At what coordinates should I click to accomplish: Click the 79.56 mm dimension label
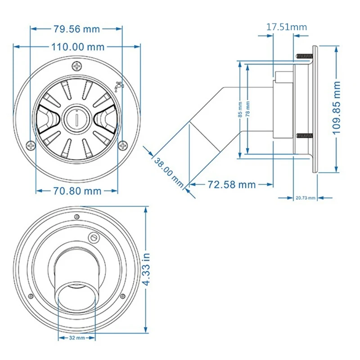click(x=76, y=29)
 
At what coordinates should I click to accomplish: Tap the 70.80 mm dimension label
click(x=75, y=191)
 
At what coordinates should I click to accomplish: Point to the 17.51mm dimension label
click(x=287, y=27)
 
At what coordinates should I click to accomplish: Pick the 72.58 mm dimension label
click(x=231, y=184)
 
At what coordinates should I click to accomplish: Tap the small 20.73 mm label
click(x=306, y=198)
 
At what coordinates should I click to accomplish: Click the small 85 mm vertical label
click(x=240, y=108)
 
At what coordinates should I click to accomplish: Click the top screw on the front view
click(x=77, y=67)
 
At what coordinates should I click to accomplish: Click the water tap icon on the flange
click(x=119, y=85)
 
